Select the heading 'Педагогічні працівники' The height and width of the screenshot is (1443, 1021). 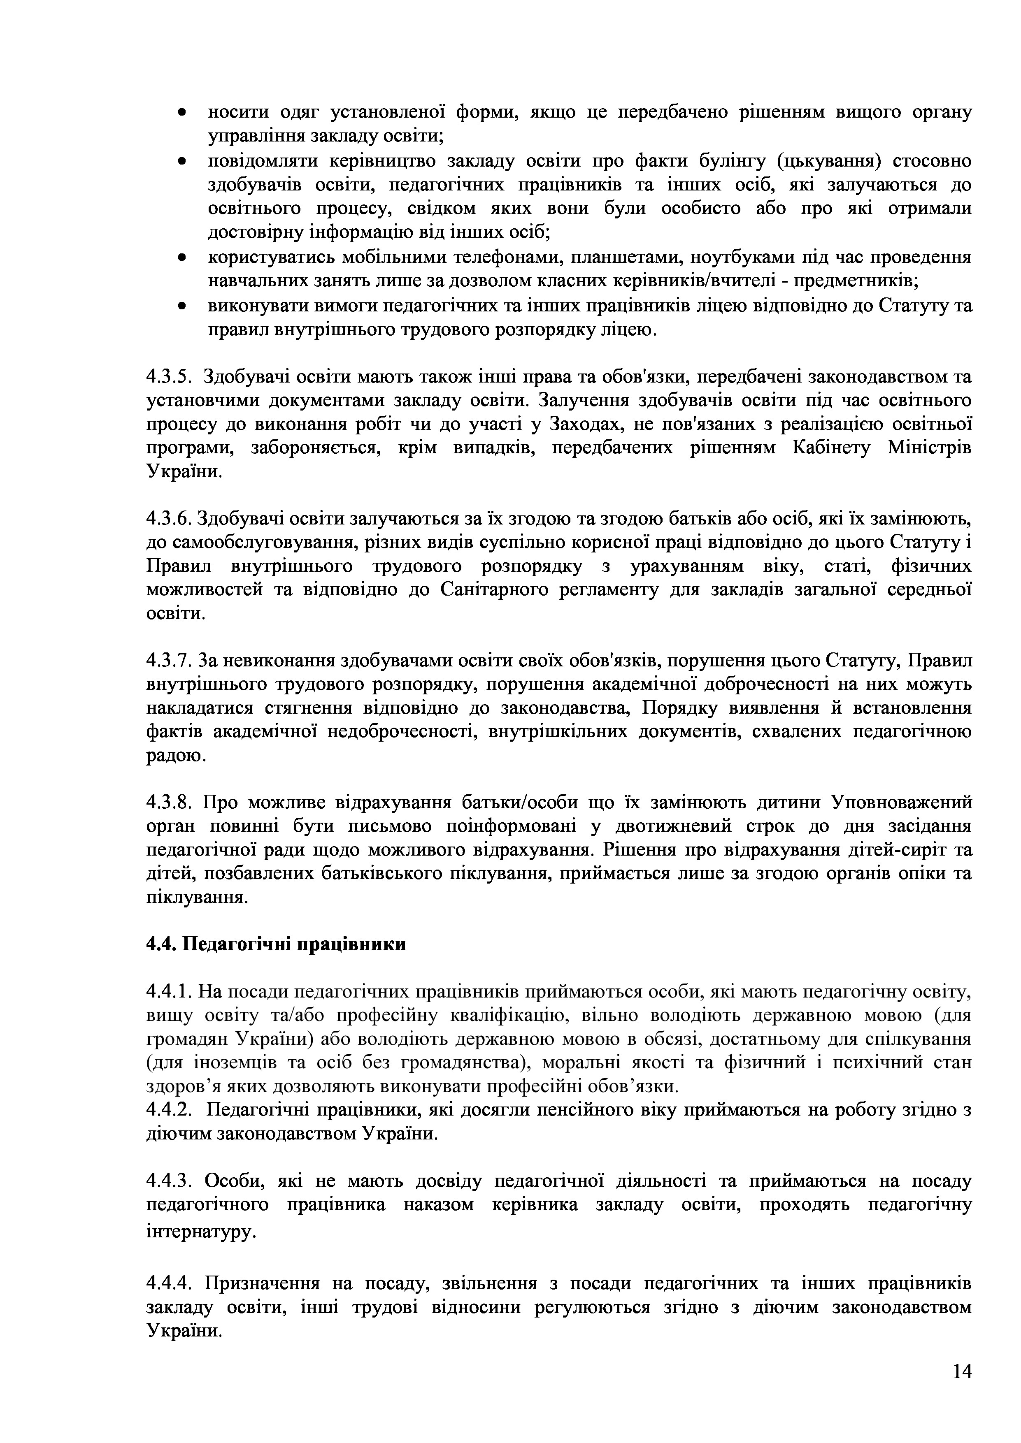276,944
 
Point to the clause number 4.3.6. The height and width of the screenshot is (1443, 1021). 168,519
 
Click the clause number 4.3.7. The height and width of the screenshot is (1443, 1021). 168,661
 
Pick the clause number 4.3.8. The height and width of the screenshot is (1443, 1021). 168,803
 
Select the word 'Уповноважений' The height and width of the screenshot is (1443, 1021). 902,803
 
